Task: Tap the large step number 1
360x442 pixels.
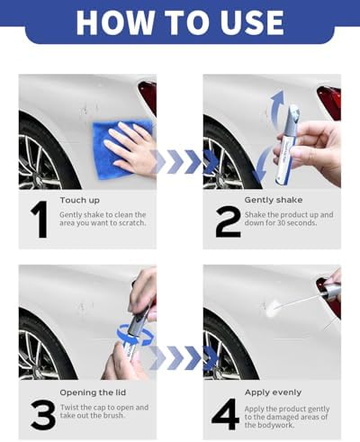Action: pyautogui.click(x=40, y=220)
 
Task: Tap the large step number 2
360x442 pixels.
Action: pyautogui.click(x=228, y=221)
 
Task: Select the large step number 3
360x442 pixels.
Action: pyautogui.click(x=43, y=415)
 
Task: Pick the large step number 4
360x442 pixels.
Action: pyautogui.click(x=225, y=414)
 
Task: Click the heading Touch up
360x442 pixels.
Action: pyautogui.click(x=80, y=200)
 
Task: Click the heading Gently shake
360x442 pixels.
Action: pyautogui.click(x=274, y=200)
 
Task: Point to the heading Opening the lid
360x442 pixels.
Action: pyautogui.click(x=93, y=392)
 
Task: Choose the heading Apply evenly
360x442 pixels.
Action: pyautogui.click(x=273, y=392)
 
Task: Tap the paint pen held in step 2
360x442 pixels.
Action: pyautogui.click(x=287, y=145)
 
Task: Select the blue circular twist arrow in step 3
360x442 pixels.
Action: pyautogui.click(x=135, y=335)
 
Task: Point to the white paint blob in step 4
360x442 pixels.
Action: pyautogui.click(x=274, y=308)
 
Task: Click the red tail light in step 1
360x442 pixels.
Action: pyautogui.click(x=148, y=96)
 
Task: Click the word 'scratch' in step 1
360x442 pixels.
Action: pyautogui.click(x=132, y=223)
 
